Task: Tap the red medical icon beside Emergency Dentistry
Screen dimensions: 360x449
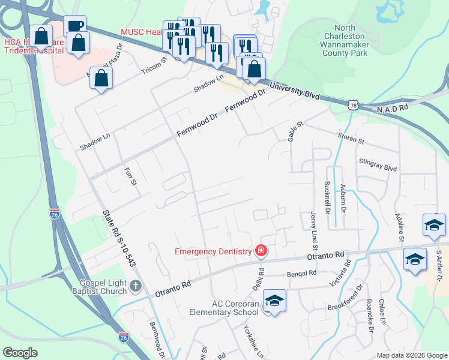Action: pyautogui.click(x=261, y=251)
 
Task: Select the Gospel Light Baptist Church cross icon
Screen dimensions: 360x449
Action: pyautogui.click(x=136, y=286)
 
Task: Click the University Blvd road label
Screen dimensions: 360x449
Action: pyautogui.click(x=294, y=92)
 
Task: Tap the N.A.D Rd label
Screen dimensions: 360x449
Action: pyautogui.click(x=393, y=108)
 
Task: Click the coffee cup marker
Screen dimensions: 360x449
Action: pyautogui.click(x=74, y=26)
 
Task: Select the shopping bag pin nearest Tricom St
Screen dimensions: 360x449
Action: pyautogui.click(x=101, y=77)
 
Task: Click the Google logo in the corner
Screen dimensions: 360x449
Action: pyautogui.click(x=20, y=353)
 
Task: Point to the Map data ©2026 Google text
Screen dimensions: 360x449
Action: pyautogui.click(x=411, y=355)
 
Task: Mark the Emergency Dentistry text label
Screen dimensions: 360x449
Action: pyautogui.click(x=213, y=251)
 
